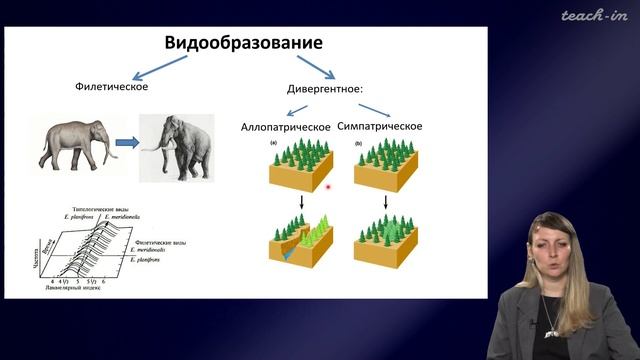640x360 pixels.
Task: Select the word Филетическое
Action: click(112, 88)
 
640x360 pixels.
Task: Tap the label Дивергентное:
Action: click(324, 88)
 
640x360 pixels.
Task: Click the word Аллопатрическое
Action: click(285, 128)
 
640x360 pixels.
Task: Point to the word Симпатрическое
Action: click(380, 127)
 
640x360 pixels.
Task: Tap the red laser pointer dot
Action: click(328, 187)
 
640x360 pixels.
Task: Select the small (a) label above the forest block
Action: click(273, 143)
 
